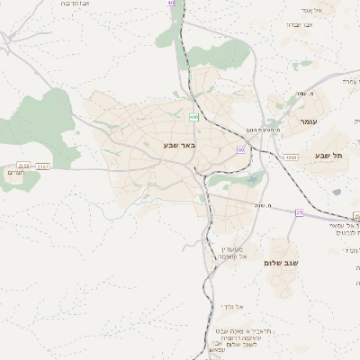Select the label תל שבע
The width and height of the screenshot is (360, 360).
(330, 156)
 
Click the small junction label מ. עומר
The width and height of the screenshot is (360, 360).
(311, 94)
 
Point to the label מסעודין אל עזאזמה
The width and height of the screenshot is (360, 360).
(232, 252)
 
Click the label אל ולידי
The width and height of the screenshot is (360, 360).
(232, 307)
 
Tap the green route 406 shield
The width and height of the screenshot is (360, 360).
(193, 117)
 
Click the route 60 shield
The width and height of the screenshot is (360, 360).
(241, 148)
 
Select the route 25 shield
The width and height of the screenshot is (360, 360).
(299, 212)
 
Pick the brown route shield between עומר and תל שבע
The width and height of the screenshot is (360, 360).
(290, 157)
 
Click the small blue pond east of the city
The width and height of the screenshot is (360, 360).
(337, 191)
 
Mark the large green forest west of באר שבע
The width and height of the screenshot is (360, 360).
(40, 126)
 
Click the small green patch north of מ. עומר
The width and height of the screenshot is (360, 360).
(303, 65)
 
